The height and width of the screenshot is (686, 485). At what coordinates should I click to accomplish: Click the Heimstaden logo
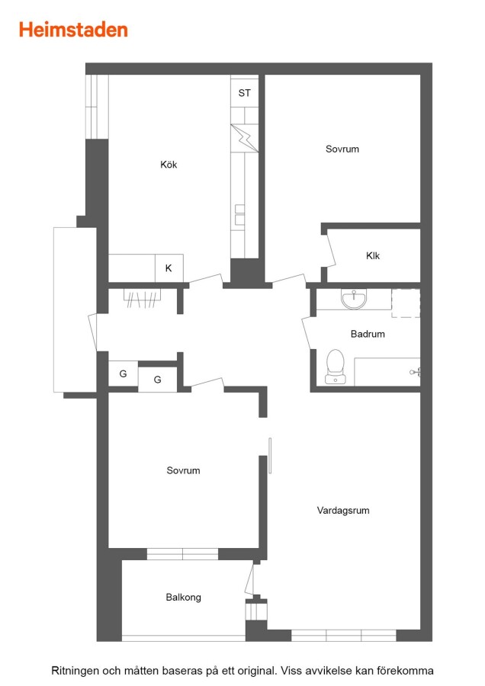click(x=73, y=30)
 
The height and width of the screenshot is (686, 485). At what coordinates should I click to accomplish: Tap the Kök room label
click(x=169, y=165)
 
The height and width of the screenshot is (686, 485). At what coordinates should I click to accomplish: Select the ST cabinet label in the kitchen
click(x=245, y=93)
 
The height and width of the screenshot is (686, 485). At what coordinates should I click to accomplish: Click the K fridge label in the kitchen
click(x=169, y=268)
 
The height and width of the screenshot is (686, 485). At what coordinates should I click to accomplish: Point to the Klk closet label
click(x=373, y=255)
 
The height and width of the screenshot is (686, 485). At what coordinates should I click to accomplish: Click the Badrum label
click(x=368, y=334)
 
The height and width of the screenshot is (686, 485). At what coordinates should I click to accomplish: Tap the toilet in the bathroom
click(x=336, y=367)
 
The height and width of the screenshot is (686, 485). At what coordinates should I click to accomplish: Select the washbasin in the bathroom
click(x=354, y=300)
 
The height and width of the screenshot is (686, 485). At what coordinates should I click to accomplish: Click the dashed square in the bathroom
click(x=406, y=303)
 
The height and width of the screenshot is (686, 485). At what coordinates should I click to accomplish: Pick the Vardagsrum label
click(x=343, y=510)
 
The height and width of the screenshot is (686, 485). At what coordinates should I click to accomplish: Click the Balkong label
click(x=184, y=597)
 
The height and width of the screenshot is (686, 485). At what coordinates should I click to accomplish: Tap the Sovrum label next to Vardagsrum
click(x=184, y=470)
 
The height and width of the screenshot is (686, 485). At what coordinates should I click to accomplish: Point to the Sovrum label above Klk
click(x=342, y=149)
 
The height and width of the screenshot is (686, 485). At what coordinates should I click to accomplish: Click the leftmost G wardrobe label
click(x=123, y=373)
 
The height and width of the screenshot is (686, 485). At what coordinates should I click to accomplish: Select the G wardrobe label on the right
click(x=158, y=380)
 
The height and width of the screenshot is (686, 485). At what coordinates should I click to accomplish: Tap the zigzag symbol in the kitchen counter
click(x=245, y=138)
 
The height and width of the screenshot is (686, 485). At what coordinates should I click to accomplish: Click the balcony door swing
click(x=249, y=579)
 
